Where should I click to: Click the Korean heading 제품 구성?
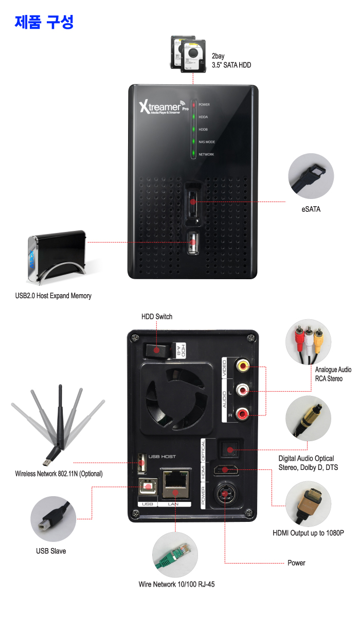pos(44,22)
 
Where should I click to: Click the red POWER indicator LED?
pos(194,105)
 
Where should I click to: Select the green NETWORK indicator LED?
pos(194,154)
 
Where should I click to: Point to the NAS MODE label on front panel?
pos(207,142)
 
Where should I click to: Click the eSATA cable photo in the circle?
pos(311,176)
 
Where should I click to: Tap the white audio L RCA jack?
pos(242,390)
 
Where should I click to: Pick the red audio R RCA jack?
pos(242,412)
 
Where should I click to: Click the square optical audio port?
pos(228,450)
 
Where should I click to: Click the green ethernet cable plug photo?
pos(174,555)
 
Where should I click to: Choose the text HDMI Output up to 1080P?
pos(308,533)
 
